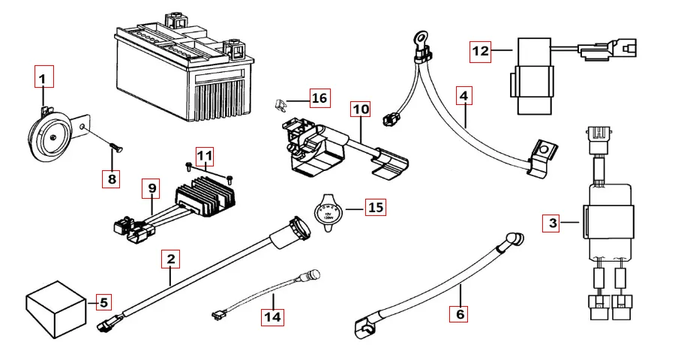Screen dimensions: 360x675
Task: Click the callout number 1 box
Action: click(43, 77)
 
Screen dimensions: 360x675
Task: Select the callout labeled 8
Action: click(111, 178)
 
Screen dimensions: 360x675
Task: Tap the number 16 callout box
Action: click(319, 98)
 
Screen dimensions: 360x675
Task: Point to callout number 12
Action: click(480, 52)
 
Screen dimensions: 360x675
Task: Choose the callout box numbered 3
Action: click(553, 223)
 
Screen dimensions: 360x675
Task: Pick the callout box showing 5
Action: click(103, 303)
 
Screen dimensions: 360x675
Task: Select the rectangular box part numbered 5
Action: click(56, 306)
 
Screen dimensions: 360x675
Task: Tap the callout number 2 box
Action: click(171, 260)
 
